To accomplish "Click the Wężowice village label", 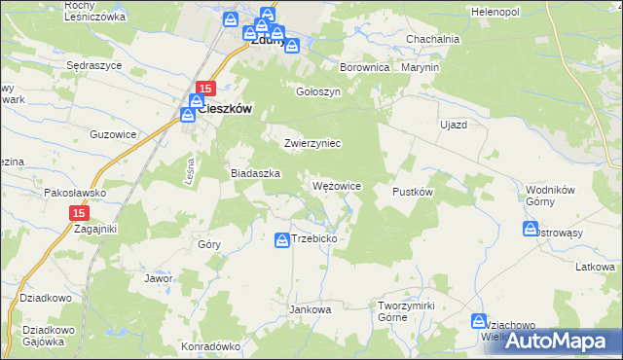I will (x=337, y=186).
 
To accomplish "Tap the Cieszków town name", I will (x=225, y=110).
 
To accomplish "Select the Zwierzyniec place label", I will (x=311, y=143).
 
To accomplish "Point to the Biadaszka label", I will (x=255, y=172).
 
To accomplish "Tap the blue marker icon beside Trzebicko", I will (x=281, y=238).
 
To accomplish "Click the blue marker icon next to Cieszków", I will (x=188, y=114).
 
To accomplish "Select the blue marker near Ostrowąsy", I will (x=531, y=229).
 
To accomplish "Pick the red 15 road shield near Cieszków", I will (x=204, y=89).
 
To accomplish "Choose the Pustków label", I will (x=412, y=192).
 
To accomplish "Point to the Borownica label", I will (x=364, y=68).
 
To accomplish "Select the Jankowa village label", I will (x=311, y=309).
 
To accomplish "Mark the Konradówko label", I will (x=210, y=345).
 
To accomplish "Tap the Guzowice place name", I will (x=110, y=134).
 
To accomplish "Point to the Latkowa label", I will (x=594, y=267).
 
